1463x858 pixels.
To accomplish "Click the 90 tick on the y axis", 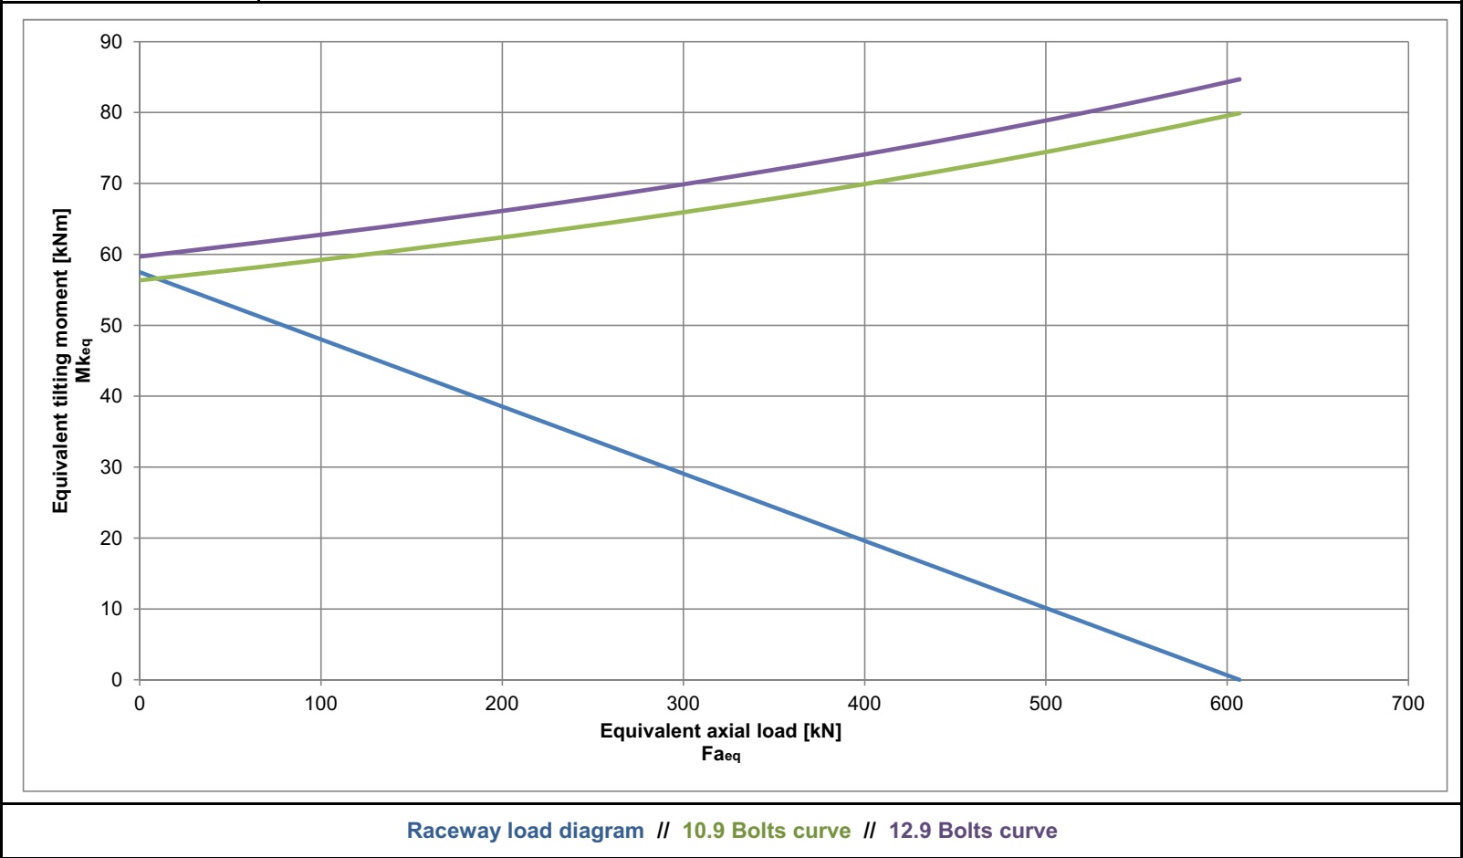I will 111,42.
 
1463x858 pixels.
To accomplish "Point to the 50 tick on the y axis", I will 111,325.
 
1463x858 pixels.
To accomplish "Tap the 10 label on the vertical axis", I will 111,609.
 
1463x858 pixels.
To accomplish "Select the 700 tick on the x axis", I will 1408,704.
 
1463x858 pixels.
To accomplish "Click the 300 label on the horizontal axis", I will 683,704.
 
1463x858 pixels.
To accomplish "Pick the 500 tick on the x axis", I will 1045,704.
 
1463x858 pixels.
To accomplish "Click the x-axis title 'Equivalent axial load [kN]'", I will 720,731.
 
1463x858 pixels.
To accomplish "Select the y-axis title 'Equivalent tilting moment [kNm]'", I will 61,361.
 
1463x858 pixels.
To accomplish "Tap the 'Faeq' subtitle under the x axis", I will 720,754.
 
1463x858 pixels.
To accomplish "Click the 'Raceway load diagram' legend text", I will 525,831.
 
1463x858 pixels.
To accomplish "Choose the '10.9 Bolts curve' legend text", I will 766,831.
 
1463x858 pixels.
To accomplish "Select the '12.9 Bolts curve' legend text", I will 973,831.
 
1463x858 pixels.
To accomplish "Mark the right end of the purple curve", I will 1239,79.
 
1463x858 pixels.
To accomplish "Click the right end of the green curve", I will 1239,113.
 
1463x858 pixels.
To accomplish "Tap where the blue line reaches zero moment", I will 1238,679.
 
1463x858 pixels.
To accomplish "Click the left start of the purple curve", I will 140,256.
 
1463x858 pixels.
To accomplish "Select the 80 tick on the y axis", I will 111,112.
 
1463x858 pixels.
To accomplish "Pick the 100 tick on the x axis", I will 320,704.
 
